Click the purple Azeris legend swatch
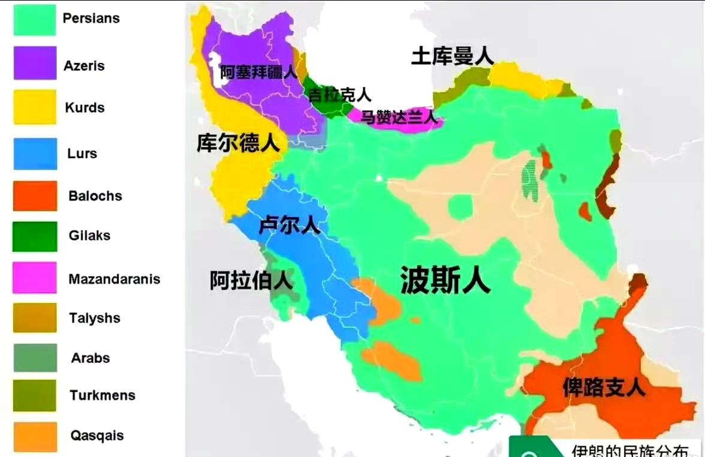(35, 63)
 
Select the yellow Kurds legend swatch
(35, 107)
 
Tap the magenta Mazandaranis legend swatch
(35, 278)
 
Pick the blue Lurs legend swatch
(35, 154)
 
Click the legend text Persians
(91, 18)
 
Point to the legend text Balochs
(95, 196)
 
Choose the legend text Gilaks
(90, 235)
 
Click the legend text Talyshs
(95, 318)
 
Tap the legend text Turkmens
(103, 395)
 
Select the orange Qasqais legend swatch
(35, 437)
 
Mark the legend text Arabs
(91, 358)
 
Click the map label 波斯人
(445, 280)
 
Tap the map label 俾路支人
(604, 387)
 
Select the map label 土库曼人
(453, 56)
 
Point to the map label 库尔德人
(238, 143)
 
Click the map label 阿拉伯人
(251, 280)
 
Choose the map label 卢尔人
(290, 226)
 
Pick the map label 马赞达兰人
(399, 117)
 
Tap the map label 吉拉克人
(340, 95)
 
